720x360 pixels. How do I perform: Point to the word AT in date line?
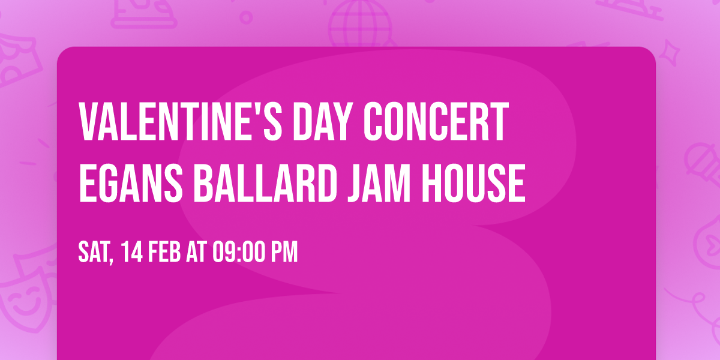coord(197,253)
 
